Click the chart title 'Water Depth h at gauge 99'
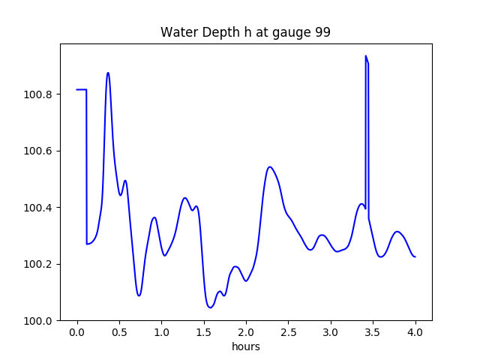pos(245,33)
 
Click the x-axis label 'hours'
pos(245,346)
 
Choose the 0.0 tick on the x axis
pos(76,332)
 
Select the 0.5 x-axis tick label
pos(119,332)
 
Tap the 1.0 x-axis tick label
pos(161,332)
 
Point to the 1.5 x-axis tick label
pos(204,332)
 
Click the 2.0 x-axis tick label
pos(246,332)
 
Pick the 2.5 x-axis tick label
pos(289,332)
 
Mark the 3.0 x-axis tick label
pos(331,332)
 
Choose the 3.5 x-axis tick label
pos(373,332)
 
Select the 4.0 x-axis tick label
pos(415,332)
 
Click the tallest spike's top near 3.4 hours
pos(366,55)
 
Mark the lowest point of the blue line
pos(211,307)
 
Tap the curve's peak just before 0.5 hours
pos(108,73)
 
